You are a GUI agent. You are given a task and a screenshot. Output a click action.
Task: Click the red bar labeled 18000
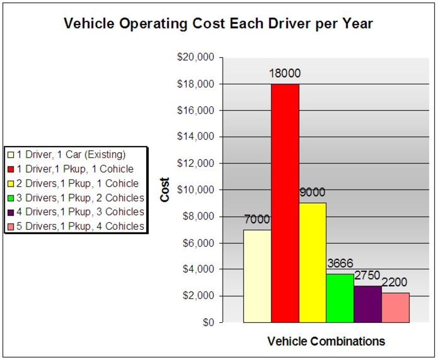click(285, 203)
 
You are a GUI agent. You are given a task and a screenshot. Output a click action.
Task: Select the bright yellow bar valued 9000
click(312, 263)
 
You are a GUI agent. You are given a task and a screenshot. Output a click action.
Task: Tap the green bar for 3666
click(339, 298)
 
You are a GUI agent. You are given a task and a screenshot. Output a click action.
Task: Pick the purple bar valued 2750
click(367, 304)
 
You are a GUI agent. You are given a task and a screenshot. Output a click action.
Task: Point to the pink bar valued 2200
click(395, 308)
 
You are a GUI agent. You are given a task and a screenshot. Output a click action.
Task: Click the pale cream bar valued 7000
click(257, 276)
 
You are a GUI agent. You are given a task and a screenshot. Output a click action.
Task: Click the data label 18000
click(285, 73)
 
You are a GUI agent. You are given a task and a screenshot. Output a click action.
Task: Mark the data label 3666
click(340, 263)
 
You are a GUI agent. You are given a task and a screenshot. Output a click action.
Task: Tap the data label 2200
click(394, 282)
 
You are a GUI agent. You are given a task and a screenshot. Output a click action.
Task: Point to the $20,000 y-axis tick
click(195, 57)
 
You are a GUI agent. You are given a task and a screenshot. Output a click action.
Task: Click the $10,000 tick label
click(195, 190)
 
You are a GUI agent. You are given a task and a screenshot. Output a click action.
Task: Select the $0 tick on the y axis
click(209, 323)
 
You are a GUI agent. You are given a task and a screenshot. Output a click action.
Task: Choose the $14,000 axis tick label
click(195, 136)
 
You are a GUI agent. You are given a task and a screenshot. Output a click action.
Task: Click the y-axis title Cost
click(165, 190)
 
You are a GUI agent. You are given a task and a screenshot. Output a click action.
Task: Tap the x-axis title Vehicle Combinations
click(326, 341)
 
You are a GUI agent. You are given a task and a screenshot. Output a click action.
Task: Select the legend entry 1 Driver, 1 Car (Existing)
click(67, 154)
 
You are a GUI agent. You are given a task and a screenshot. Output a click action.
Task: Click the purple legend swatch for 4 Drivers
click(11, 212)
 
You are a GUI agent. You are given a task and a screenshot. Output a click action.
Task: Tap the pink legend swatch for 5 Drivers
click(11, 227)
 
